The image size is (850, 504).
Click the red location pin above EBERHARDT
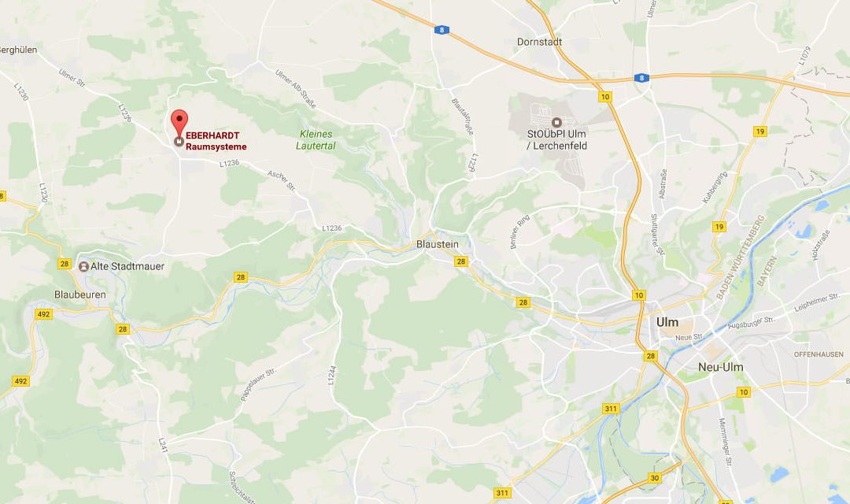(x=179, y=122)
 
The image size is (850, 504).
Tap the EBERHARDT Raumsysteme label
(x=210, y=141)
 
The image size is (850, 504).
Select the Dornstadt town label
(x=537, y=42)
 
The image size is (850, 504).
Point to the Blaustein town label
(x=437, y=244)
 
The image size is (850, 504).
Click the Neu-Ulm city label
(x=720, y=367)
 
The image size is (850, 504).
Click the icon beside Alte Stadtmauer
(x=83, y=266)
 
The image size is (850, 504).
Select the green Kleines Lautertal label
(x=316, y=139)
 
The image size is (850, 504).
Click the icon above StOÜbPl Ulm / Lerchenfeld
(x=556, y=122)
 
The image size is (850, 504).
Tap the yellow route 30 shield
(x=655, y=477)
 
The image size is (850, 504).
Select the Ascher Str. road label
(x=280, y=180)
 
